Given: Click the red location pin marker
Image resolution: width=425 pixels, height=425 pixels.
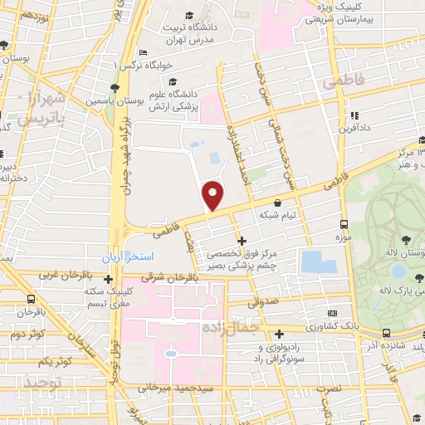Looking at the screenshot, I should point(213,196).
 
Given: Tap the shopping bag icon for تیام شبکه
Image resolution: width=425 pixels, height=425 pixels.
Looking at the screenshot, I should point(277,202).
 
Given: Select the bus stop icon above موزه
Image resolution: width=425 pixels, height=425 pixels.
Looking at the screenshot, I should point(343,224).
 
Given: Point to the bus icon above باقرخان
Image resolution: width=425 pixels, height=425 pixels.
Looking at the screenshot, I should point(31,299).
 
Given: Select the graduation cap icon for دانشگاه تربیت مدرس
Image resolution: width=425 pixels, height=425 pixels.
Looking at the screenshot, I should point(189,16).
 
